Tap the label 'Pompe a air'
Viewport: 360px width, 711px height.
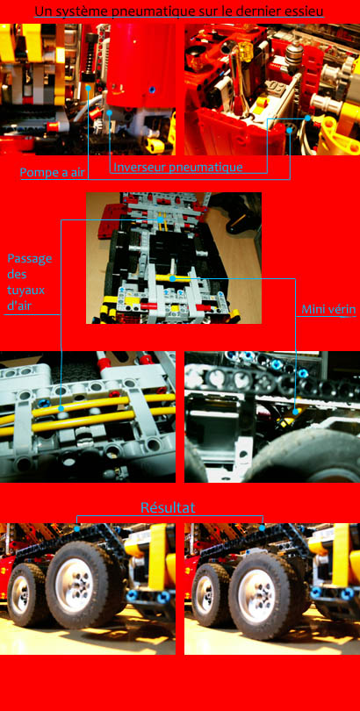(x=53, y=173)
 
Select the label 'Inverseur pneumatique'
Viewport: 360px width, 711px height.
(x=177, y=168)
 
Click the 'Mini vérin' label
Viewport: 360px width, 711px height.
(x=328, y=310)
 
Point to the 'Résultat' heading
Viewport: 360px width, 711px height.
(x=168, y=507)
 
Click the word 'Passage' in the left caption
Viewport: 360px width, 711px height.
(x=30, y=259)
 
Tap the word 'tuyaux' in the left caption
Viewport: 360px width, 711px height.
(x=25, y=290)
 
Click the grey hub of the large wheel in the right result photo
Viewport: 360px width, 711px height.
(x=257, y=583)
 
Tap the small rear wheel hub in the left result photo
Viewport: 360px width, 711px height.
(x=20, y=593)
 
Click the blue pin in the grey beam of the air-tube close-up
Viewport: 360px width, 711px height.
(x=45, y=403)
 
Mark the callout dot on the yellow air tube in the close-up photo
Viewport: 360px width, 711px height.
(x=61, y=408)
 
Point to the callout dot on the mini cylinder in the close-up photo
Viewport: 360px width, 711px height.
(x=296, y=412)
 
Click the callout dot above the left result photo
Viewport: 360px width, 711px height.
(x=76, y=528)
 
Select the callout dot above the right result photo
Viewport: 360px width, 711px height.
(x=263, y=528)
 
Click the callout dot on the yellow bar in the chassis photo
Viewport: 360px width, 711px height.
(x=173, y=278)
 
